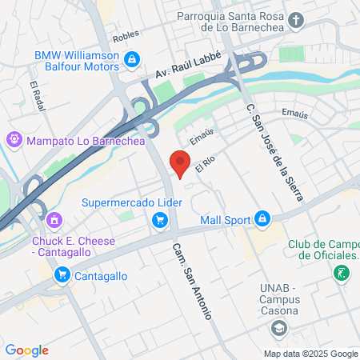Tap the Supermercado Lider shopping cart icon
pos(160,220)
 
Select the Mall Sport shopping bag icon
pos(262,218)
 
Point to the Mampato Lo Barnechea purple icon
pos(14,139)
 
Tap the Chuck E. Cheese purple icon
pos(54,218)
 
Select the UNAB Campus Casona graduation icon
pos(278,327)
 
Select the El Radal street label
pos(36,96)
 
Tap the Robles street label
pos(126,36)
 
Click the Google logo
pos(27,350)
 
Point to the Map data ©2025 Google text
pos(311,354)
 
